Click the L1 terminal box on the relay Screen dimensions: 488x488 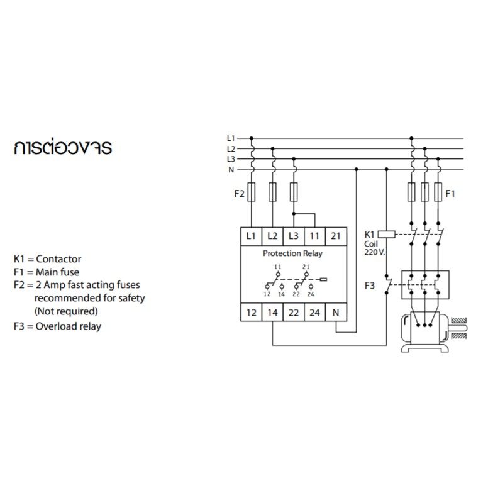251,236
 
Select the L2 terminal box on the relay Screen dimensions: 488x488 272,236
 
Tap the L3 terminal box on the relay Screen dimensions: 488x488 293,236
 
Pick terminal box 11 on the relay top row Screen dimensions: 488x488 314,236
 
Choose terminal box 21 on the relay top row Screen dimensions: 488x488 335,236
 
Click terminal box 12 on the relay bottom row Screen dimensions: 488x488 251,313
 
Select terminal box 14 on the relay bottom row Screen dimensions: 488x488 272,313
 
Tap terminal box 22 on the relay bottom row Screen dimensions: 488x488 293,313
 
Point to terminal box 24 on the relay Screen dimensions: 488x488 314,313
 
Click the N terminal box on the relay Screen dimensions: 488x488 335,313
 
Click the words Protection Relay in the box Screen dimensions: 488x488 292,253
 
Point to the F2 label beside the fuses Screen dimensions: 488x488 239,194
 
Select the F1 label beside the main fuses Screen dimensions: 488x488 450,194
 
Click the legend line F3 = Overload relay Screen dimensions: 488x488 57,326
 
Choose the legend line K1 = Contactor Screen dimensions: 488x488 48,258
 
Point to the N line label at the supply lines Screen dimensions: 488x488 231,170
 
